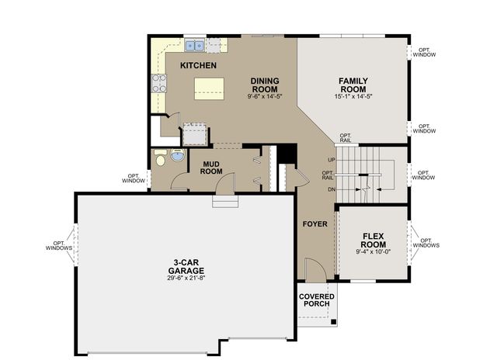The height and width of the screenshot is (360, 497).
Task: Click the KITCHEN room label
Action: coord(198,66)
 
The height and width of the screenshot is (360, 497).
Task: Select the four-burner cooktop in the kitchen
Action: coord(159,83)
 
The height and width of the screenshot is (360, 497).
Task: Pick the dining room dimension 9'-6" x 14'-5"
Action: coord(265,97)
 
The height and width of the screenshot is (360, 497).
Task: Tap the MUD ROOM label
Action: coord(212,168)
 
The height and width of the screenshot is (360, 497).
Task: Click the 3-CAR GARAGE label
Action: coord(185,266)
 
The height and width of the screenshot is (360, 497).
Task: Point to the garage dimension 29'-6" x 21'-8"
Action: coord(185,277)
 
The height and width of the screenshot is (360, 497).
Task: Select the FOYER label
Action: coord(315,224)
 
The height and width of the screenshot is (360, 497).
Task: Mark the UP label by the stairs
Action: coord(332,160)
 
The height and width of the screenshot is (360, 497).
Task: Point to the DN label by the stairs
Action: coord(332,189)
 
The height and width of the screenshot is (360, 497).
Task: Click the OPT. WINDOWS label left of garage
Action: coord(58,244)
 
